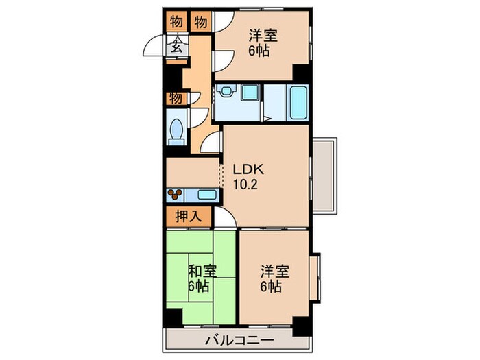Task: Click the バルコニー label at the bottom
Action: [x=239, y=341]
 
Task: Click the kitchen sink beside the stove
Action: [x=202, y=194]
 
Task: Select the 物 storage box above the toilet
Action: [x=176, y=98]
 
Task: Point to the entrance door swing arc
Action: [x=153, y=49]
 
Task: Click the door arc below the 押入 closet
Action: [x=227, y=219]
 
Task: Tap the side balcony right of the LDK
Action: [x=324, y=174]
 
